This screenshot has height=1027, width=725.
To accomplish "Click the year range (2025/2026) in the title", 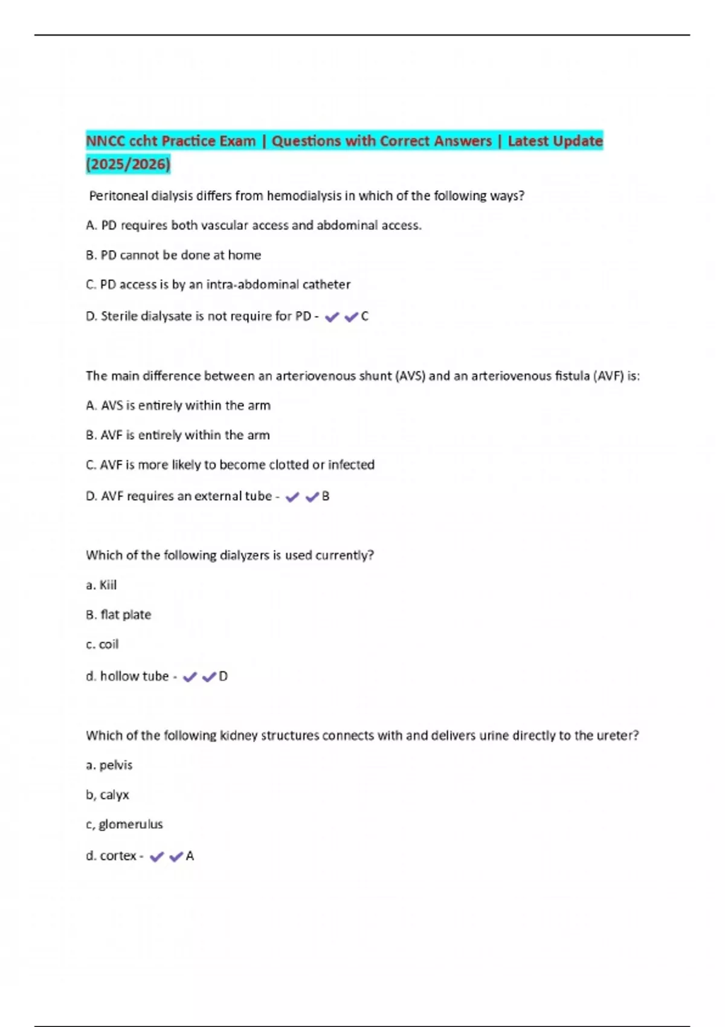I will coord(128,164).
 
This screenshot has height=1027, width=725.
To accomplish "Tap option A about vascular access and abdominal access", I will coord(254,225).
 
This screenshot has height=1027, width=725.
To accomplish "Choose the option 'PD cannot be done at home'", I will coord(173,255).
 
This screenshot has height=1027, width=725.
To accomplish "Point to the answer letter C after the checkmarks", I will coord(364,316).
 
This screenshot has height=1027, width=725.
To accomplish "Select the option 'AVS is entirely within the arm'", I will coord(178,405).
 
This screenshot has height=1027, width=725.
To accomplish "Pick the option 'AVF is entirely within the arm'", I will coord(178,435).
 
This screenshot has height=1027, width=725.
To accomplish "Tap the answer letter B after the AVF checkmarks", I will coord(326,496).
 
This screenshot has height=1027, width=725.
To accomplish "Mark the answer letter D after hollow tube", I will coord(223,676).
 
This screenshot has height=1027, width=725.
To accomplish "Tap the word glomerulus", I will coord(130,824).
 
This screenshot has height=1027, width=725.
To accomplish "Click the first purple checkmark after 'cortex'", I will coord(156,856).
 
